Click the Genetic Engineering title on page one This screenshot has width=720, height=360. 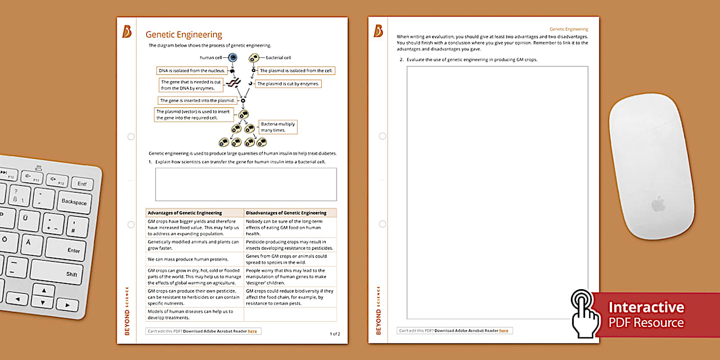coord(183,34)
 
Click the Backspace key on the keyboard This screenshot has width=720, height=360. coord(74,202)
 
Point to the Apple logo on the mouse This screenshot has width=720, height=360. coord(658,204)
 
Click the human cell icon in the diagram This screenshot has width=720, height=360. coord(233,58)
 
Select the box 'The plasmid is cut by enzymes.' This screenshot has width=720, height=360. coord(288,83)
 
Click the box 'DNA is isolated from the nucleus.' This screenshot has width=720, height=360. coord(192,71)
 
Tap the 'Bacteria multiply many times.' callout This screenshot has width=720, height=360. coord(278,127)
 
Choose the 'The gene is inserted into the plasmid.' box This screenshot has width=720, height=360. coord(197,101)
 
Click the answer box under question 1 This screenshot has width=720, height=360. coord(246,184)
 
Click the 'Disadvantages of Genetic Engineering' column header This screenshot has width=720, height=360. coord(290,213)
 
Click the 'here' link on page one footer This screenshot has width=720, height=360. coord(252,331)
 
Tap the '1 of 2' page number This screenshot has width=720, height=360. coord(335,334)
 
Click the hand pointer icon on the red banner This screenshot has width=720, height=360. coord(584,312)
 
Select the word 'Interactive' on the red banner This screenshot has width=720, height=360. coord(646,307)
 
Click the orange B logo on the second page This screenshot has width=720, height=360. coord(378,31)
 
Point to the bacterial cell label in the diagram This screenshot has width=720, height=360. coord(278,58)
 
